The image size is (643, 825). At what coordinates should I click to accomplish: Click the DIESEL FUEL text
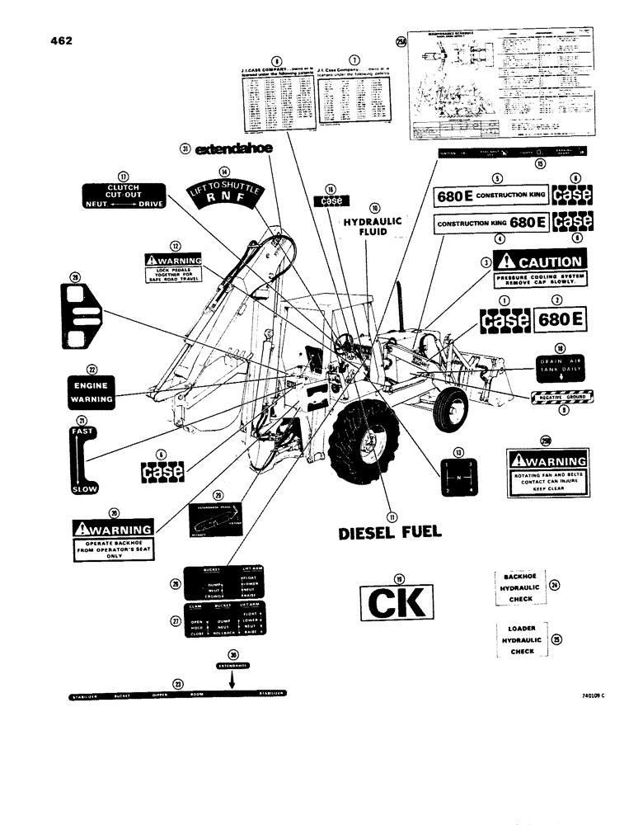(x=390, y=533)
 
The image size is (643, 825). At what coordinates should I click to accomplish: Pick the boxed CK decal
(x=395, y=605)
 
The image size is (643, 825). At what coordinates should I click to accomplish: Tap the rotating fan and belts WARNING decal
(x=547, y=470)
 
